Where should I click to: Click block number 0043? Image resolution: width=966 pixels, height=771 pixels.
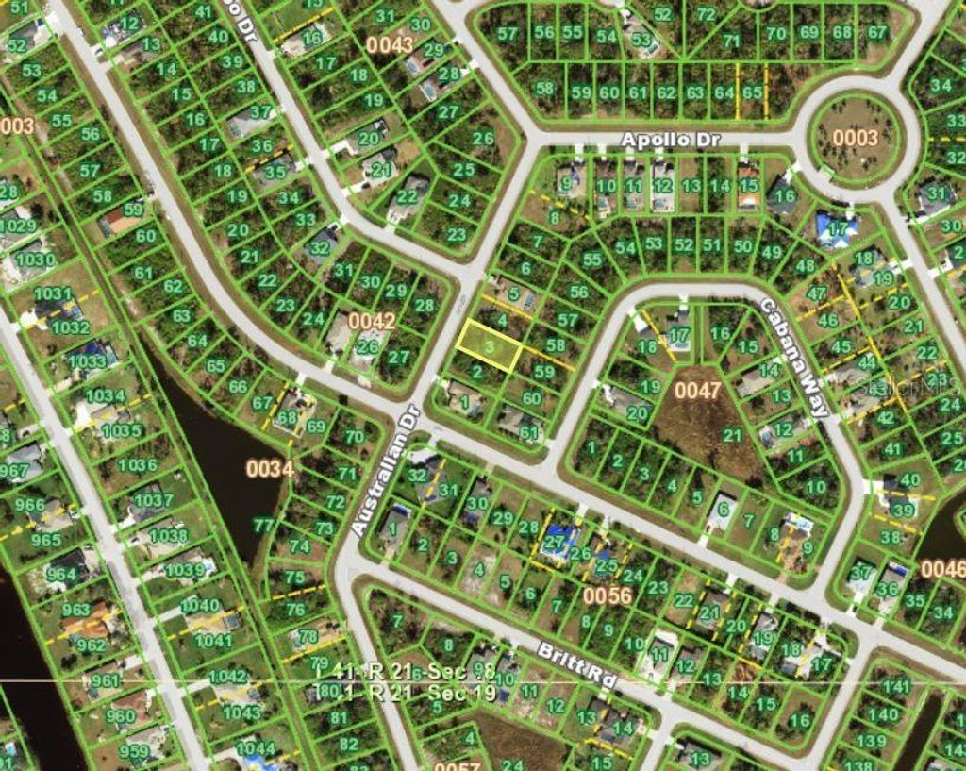coord(390,43)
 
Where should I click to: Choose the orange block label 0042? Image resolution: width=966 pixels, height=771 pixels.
coord(372,321)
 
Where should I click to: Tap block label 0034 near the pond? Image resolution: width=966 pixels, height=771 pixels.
coord(270,467)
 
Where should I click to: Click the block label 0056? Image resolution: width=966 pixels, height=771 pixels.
coord(606,595)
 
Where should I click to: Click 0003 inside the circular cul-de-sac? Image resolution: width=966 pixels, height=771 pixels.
coord(855,138)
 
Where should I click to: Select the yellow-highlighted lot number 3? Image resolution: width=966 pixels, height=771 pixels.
coord(490,346)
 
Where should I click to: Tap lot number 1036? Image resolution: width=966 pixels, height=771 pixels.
coord(138,463)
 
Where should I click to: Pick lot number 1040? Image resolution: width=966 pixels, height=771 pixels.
coord(199,605)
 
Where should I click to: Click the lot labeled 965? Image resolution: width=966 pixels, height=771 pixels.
coord(45,540)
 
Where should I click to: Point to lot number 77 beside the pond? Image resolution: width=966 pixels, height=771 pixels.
coord(263,525)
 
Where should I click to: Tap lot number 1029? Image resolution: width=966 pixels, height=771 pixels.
coord(20,226)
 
